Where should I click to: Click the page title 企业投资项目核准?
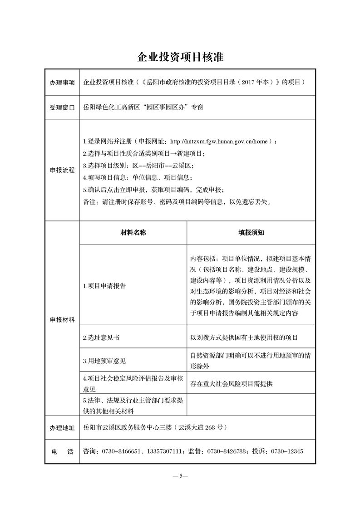pyautogui.click(x=180, y=58)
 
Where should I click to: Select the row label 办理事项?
pyautogui.click(x=62, y=83)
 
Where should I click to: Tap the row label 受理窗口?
pyautogui.click(x=62, y=108)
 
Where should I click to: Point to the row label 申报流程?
pyautogui.click(x=62, y=170)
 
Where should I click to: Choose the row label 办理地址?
pyautogui.click(x=62, y=428)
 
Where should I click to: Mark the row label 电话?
pyautogui.click(x=62, y=452)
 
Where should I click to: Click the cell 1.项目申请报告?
pyautogui.click(x=104, y=286)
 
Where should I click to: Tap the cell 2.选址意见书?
pyautogui.click(x=102, y=338)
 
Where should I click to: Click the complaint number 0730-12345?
pyautogui.click(x=287, y=451)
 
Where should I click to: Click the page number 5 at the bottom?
pyautogui.click(x=180, y=476)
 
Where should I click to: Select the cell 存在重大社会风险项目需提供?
pyautogui.click(x=232, y=384)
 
